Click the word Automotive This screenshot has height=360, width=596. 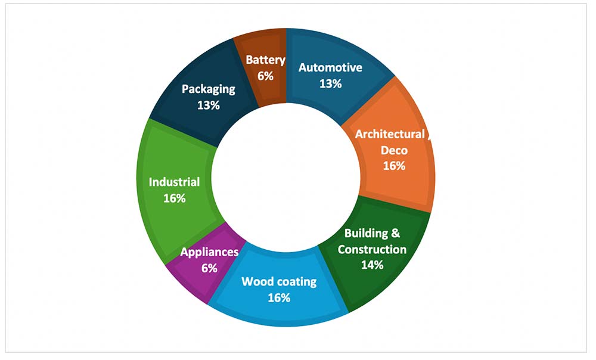330,68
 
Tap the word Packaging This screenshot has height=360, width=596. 208,90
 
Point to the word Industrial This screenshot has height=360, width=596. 174,182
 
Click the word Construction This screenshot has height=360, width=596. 372,249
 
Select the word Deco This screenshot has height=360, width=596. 394,150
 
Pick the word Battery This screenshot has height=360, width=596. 265,60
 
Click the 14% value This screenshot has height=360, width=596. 372,265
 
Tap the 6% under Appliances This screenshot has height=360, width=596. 209,268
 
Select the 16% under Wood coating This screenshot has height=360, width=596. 279,297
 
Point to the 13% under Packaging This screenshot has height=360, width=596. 208,105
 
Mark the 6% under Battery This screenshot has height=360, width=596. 265,76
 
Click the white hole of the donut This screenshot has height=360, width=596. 286,177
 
